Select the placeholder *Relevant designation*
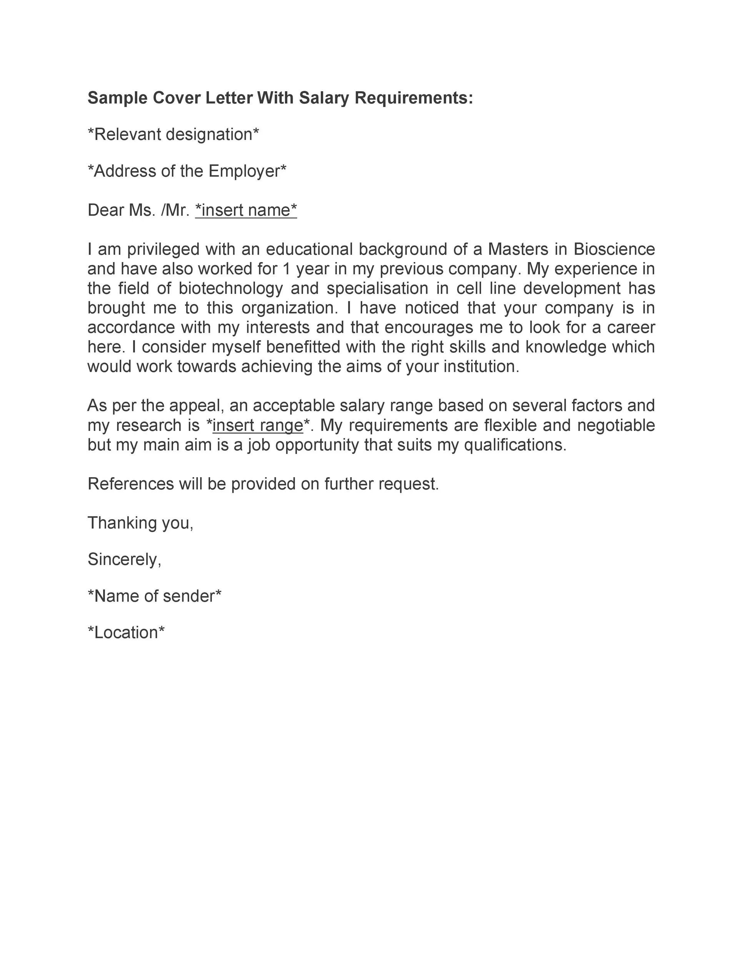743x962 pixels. click(x=173, y=134)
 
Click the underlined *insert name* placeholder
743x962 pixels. click(x=246, y=210)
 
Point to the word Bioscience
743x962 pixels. click(x=614, y=249)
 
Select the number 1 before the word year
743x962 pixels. click(x=287, y=269)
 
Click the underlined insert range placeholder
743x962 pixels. click(x=258, y=426)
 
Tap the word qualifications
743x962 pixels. click(x=515, y=445)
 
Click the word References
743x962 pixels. click(x=131, y=484)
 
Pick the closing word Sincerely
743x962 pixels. click(x=124, y=559)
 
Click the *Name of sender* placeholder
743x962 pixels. click(x=155, y=596)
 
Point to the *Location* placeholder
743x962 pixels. click(x=126, y=633)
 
